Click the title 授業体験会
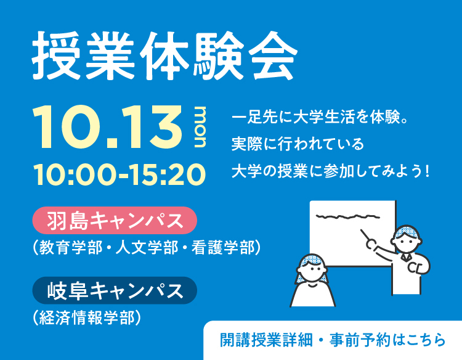pos(164,55)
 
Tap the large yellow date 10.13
pos(108,127)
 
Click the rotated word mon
pos(200,127)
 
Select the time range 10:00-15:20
pos(120,174)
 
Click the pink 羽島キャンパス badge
pos(115,220)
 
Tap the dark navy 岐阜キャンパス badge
pos(115,290)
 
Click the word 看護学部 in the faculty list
pos(223,247)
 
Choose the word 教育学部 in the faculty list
pos(71,247)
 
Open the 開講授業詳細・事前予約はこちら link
pos(333,340)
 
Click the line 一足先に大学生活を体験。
pos(320,117)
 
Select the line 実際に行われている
pos(298,144)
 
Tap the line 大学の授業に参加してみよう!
pos(330,171)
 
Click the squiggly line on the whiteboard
pos(347,217)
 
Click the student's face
pos(312,271)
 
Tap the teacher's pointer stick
pos(366,235)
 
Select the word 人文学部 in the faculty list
pos(147,247)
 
